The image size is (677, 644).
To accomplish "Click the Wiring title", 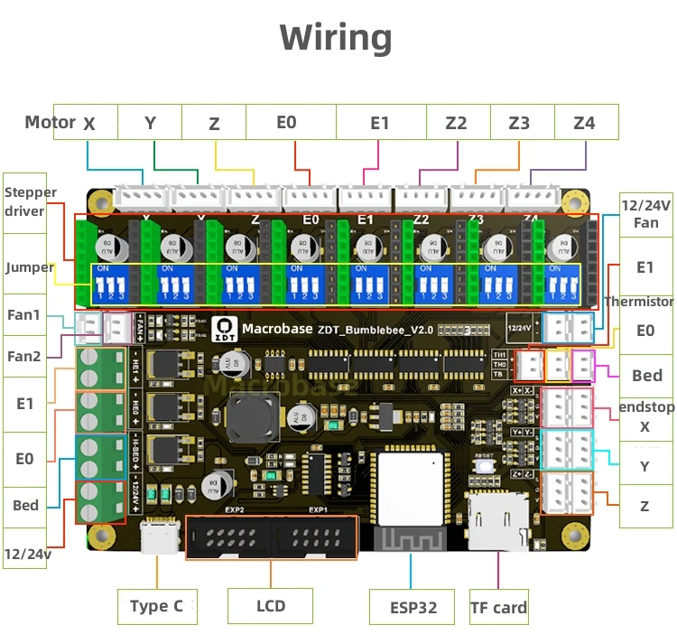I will pyautogui.click(x=336, y=38).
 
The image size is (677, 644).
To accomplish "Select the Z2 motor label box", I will pyautogui.click(x=456, y=122).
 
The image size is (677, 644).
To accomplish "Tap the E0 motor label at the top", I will pyautogui.click(x=286, y=122).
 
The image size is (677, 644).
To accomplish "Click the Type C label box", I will pyautogui.click(x=156, y=606).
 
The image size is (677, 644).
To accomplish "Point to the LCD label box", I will pyautogui.click(x=270, y=606).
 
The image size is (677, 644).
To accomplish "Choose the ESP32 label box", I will pyautogui.click(x=413, y=607).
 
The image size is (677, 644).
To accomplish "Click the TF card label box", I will pyautogui.click(x=498, y=607).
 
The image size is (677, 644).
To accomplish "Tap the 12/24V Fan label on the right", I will pyautogui.click(x=645, y=214).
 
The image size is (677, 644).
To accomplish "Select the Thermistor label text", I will pyautogui.click(x=639, y=302).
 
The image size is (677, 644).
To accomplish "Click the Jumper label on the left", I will pyautogui.click(x=30, y=267).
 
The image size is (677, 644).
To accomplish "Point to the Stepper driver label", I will pyautogui.click(x=31, y=201).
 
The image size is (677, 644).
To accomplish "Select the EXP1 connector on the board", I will pyautogui.click(x=317, y=538).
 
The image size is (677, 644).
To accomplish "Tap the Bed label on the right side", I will pyautogui.click(x=646, y=375).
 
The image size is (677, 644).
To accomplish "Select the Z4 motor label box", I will pyautogui.click(x=585, y=122).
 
